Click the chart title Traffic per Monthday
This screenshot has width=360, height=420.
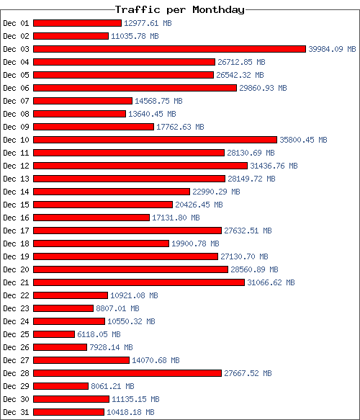180,9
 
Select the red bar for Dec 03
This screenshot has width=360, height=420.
169,49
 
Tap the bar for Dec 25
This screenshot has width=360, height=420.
54,334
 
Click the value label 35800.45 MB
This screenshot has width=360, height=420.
303,140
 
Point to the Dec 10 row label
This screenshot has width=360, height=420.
16,140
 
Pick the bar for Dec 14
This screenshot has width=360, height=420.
112,192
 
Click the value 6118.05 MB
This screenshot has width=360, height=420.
99,334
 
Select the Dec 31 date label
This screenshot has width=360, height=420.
16,412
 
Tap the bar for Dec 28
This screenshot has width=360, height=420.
127,373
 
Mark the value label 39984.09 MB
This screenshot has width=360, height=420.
332,49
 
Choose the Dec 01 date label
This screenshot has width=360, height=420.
16,23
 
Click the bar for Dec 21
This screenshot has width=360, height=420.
139,282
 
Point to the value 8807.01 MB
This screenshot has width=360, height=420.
117,308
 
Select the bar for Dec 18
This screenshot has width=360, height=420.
102,243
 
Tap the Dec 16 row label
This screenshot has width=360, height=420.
16,218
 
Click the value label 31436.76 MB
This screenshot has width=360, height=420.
274,166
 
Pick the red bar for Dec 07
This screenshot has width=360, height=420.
83,101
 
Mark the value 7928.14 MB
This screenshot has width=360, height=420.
111,347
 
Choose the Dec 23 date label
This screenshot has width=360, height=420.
16,308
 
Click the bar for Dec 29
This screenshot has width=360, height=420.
60,386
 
